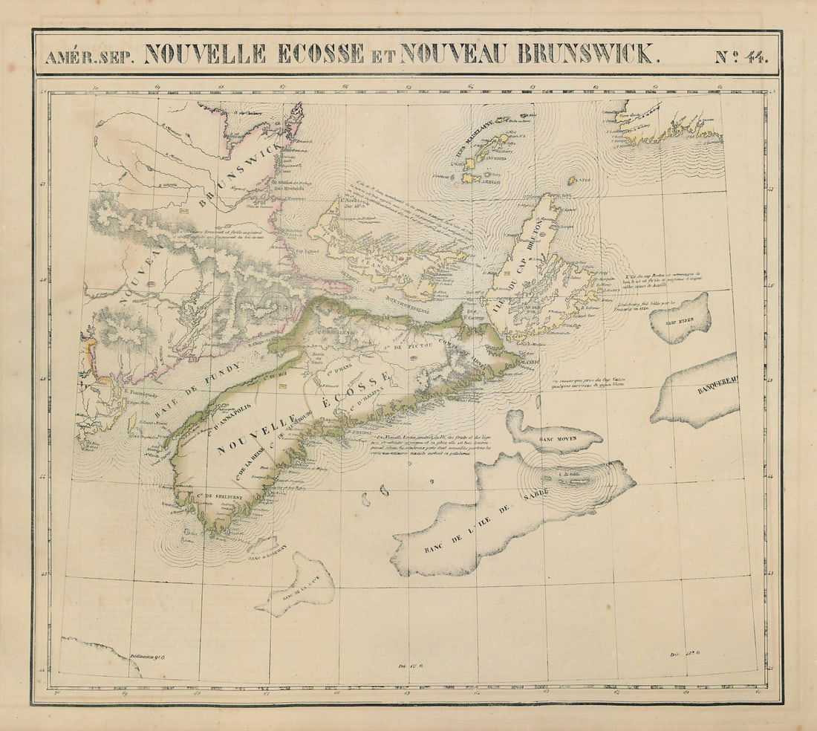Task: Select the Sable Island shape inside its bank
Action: point(571,479)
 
